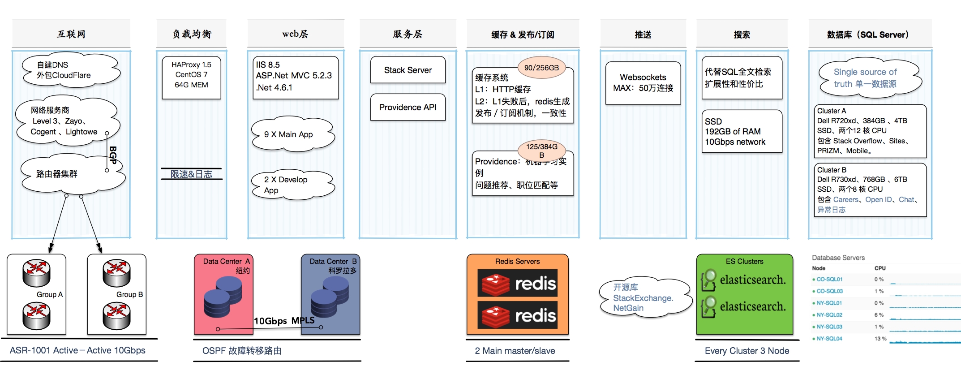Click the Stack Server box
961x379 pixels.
coord(408,70)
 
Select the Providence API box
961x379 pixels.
coord(408,107)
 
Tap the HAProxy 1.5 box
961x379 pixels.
coord(191,77)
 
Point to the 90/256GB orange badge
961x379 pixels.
coord(541,68)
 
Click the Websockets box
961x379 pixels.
coord(643,83)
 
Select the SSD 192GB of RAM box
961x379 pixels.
coord(742,132)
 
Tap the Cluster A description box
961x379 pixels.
coord(870,131)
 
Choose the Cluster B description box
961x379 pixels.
coord(870,189)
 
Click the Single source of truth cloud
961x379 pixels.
coord(869,78)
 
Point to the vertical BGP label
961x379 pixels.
coord(113,155)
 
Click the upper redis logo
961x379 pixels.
coord(518,283)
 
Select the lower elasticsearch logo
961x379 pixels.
coord(744,306)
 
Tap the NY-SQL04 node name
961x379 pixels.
coord(829,339)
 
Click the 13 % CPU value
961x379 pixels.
coord(880,339)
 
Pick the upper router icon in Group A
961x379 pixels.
coord(37,273)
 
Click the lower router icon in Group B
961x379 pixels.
coord(116,316)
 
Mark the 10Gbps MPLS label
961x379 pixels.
coord(284,321)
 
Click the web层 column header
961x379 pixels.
coord(295,34)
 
